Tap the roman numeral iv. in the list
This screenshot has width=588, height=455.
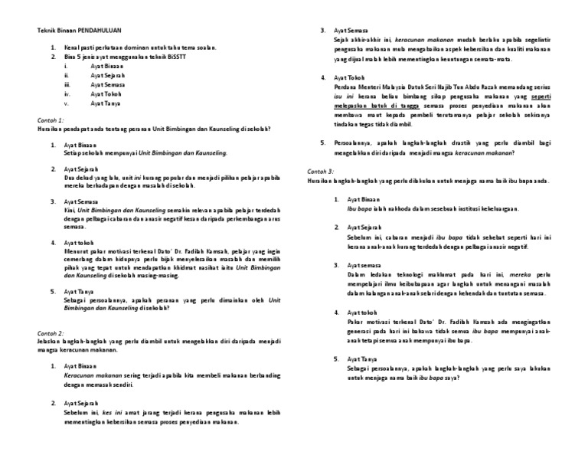67,93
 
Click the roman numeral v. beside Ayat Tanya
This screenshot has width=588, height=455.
67,102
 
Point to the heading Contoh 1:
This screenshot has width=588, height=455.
51,120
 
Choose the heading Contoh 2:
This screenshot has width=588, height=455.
51,334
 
